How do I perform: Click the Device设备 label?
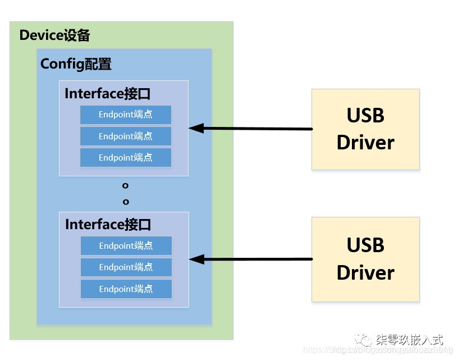(54, 35)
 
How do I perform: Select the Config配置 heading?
(76, 64)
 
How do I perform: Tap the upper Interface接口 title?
(108, 93)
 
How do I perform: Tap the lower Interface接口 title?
(108, 225)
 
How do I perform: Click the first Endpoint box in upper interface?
(125, 115)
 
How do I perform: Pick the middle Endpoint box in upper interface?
(125, 136)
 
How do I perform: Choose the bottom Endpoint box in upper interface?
(125, 157)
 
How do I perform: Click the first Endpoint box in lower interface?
(126, 245)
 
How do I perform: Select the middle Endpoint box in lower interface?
(126, 267)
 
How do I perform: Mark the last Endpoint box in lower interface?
(126, 289)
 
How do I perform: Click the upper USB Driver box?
(365, 129)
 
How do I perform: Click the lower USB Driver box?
(365, 259)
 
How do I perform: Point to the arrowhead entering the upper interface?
(194, 128)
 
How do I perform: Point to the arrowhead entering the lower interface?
(195, 259)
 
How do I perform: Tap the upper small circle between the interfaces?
(125, 185)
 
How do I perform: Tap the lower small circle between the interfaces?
(126, 202)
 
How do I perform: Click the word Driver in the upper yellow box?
(365, 143)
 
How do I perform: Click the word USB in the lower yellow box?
(365, 245)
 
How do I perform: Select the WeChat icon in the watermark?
(365, 340)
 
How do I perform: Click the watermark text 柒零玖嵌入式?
(410, 340)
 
